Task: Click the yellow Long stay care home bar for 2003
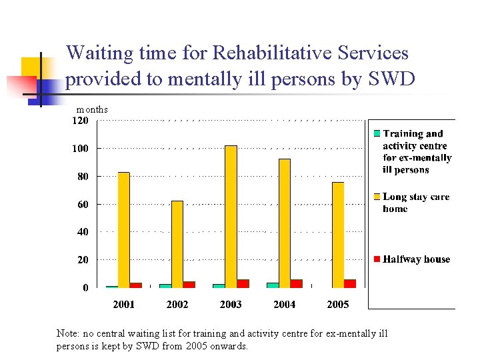pyautogui.click(x=231, y=217)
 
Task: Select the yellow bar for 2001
pyautogui.click(x=123, y=230)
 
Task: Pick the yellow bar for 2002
pyautogui.click(x=177, y=244)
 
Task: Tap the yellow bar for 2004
pyautogui.click(x=284, y=223)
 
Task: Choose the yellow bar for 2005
pyautogui.click(x=338, y=235)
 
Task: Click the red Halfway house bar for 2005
pyautogui.click(x=350, y=283)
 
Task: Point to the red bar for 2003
pyautogui.click(x=243, y=283)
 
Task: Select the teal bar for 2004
pyautogui.click(x=273, y=285)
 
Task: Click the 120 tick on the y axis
pyautogui.click(x=80, y=121)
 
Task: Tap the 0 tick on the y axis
pyautogui.click(x=85, y=288)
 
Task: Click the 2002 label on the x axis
pyautogui.click(x=177, y=304)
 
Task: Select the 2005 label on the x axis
pyautogui.click(x=337, y=304)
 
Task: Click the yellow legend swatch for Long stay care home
pyautogui.click(x=377, y=197)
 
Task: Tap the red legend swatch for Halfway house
pyautogui.click(x=377, y=259)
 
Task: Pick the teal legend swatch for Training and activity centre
pyautogui.click(x=377, y=133)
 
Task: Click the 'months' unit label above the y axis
pyautogui.click(x=92, y=109)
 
